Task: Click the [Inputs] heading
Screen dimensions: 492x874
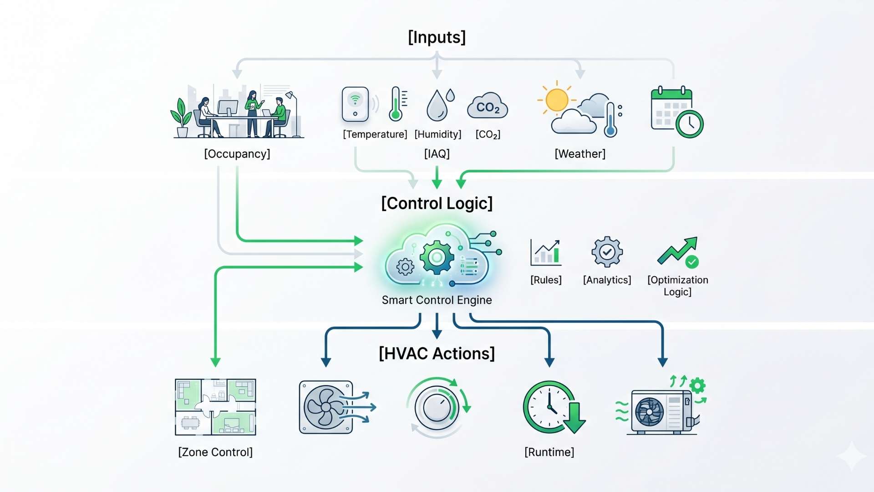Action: tap(437, 37)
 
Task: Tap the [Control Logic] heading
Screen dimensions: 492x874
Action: tap(437, 203)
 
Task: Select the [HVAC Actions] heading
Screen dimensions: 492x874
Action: tap(437, 354)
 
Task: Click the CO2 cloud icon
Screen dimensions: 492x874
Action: tap(488, 107)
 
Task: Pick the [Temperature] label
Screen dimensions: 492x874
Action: tap(375, 134)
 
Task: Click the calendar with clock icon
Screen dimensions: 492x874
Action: tap(676, 112)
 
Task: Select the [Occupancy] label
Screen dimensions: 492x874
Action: tap(237, 154)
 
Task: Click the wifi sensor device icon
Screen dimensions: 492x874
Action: tap(356, 104)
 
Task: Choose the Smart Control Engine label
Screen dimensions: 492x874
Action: tap(437, 300)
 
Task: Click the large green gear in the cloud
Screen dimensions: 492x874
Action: tap(437, 257)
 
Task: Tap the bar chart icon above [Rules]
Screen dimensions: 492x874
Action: tap(546, 252)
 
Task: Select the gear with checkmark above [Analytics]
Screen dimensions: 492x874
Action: tap(607, 251)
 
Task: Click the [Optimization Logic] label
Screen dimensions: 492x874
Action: tap(677, 286)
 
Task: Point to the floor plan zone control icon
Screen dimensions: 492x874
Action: tap(215, 407)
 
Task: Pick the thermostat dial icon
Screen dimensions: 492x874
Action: tap(437, 407)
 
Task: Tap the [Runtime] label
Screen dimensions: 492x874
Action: tap(549, 452)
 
